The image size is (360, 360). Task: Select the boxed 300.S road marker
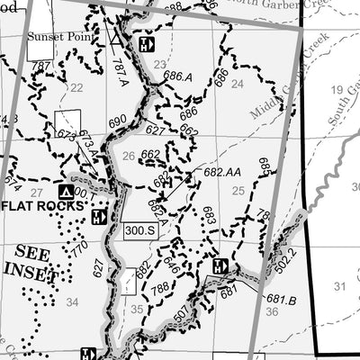140,229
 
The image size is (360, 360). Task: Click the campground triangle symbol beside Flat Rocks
65,192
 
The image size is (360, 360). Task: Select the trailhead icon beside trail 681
220,265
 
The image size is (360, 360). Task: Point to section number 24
238,84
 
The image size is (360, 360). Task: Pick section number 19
337,89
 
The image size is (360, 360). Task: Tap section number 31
339,286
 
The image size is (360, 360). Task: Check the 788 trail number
158,290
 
